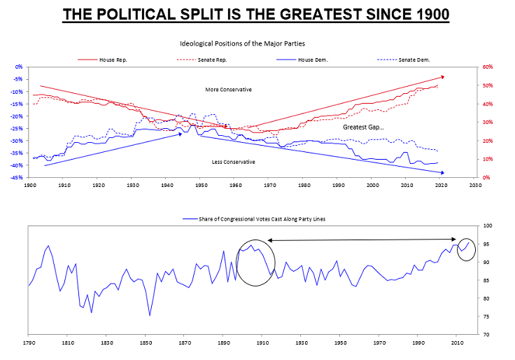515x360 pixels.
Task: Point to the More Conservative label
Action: tap(228, 90)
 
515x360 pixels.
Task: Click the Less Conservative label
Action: tap(233, 162)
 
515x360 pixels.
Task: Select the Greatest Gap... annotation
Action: tap(364, 127)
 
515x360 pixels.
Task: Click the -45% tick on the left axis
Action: tap(17, 177)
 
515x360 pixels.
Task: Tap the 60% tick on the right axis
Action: tap(488, 67)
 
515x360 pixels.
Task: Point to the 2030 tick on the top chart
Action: tap(475, 185)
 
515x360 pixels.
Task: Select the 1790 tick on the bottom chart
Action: tap(28, 343)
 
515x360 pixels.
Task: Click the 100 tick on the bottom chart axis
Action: tap(487, 226)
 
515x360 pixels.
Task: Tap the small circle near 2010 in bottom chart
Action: tap(466, 249)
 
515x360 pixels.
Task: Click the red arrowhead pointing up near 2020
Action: tap(442, 76)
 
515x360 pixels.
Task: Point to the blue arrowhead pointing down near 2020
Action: tap(442, 172)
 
